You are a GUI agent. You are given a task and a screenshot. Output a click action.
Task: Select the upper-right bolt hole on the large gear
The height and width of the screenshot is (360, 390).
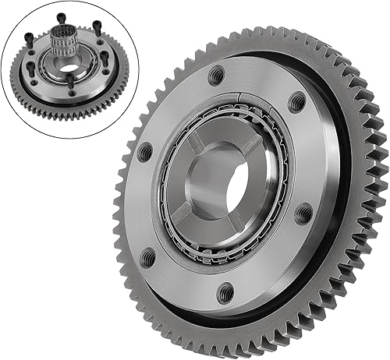click(297, 100)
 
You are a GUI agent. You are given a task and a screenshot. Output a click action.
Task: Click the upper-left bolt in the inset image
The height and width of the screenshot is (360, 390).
click(34, 39)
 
